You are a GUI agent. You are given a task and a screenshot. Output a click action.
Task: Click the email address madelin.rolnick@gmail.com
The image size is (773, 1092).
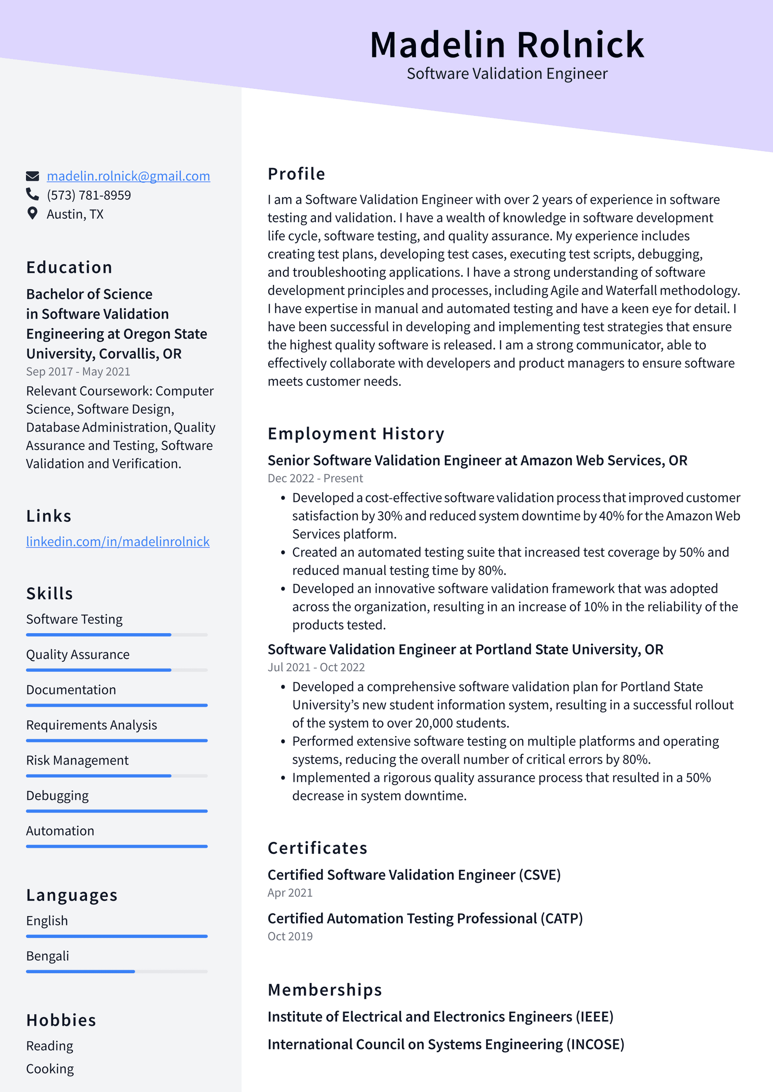point(128,176)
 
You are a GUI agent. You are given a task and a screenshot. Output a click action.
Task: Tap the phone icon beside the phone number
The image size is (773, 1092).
point(32,195)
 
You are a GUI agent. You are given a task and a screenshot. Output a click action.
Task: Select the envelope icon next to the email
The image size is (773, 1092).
point(32,176)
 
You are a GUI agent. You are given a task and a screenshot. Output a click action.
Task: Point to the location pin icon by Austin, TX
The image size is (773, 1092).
point(32,213)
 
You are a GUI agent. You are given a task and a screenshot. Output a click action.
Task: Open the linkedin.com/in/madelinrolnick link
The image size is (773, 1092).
point(117,542)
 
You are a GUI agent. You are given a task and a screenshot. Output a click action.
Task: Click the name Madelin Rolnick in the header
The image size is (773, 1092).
point(507,45)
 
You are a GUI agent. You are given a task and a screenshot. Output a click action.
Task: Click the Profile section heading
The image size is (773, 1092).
point(296,174)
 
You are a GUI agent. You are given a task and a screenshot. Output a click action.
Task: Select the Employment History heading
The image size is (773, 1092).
point(356,434)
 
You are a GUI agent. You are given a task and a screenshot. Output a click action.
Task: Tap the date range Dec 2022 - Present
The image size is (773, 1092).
point(315,479)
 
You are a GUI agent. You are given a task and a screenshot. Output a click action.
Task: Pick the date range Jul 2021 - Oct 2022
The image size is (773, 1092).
point(316,667)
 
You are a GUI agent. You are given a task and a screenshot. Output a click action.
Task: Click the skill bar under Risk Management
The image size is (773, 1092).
point(116,776)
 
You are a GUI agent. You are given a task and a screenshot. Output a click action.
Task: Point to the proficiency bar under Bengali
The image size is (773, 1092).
point(116,971)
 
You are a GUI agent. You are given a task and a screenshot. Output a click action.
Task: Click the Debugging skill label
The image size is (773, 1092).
point(57,796)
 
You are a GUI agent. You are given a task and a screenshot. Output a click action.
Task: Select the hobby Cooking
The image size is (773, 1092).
point(50,1069)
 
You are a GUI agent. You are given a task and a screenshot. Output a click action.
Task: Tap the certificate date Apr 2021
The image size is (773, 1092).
point(290,893)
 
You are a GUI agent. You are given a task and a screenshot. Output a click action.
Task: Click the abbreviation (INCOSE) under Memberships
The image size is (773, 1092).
point(595,1045)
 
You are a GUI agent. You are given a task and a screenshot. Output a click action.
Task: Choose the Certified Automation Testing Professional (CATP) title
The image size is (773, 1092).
point(425,919)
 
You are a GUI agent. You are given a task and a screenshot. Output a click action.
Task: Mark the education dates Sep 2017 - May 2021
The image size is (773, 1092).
point(78,372)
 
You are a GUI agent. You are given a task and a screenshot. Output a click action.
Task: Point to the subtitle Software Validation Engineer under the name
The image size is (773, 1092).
point(507,74)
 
